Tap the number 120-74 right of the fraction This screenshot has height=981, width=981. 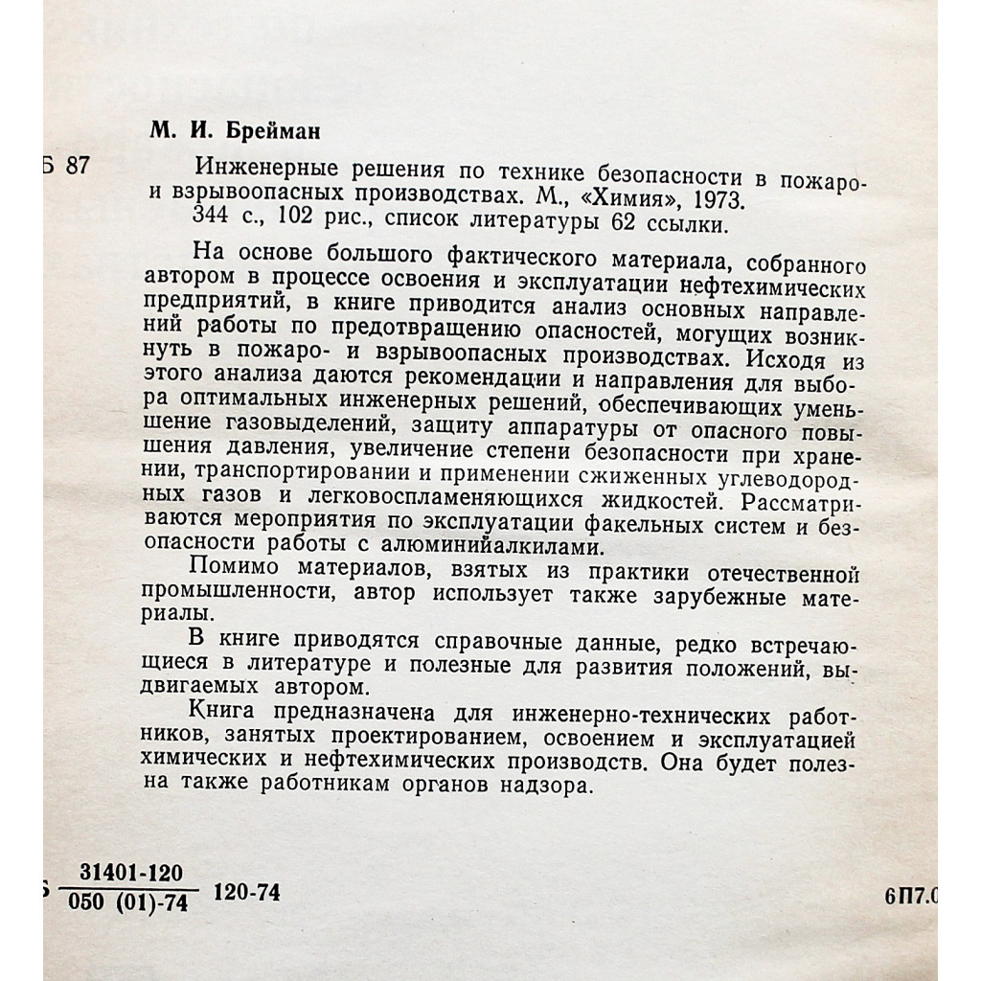248,893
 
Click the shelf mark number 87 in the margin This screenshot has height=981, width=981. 76,166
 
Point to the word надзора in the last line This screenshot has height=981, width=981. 543,784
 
